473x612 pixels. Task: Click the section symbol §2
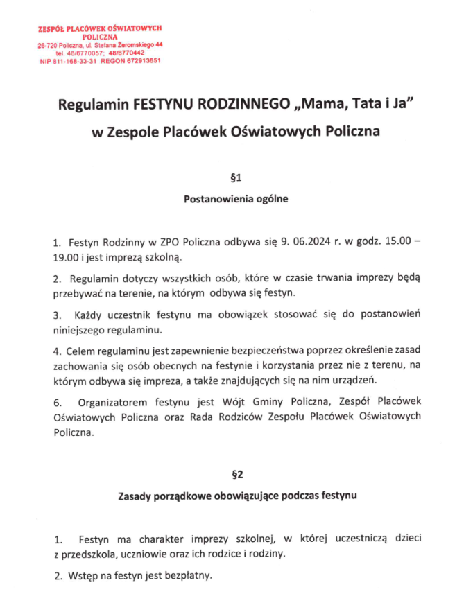(x=237, y=475)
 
